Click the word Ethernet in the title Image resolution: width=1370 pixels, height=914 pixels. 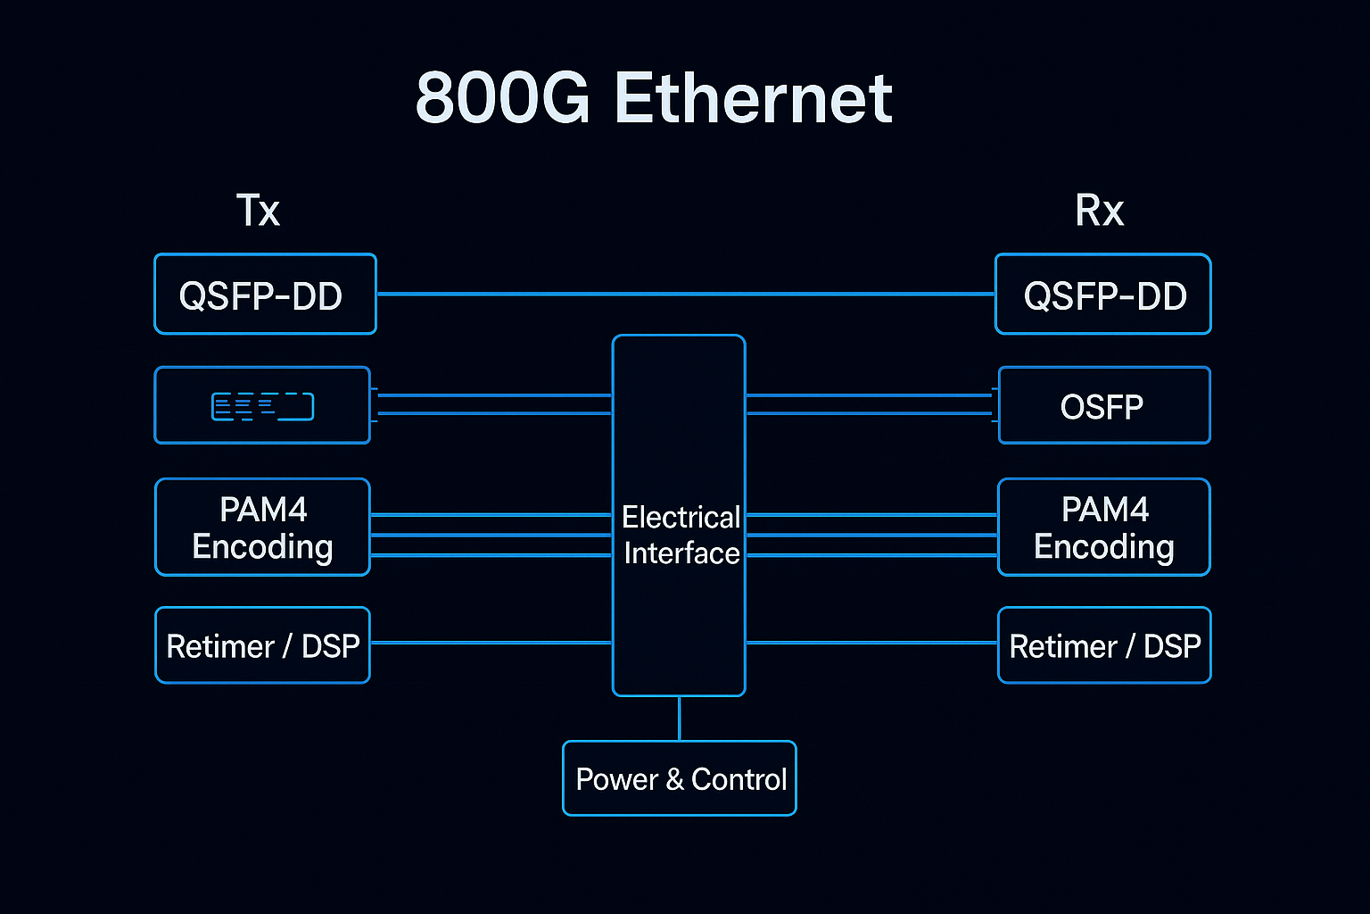(x=754, y=98)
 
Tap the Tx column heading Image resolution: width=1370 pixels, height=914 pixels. (x=258, y=211)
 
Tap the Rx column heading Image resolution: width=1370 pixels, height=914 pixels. (x=1099, y=211)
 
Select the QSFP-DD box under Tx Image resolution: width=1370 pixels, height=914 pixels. (x=265, y=295)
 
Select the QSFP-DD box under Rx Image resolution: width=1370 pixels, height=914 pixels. (x=1103, y=295)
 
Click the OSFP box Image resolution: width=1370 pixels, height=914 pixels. (x=1103, y=406)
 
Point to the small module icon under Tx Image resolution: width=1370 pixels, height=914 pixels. (x=262, y=406)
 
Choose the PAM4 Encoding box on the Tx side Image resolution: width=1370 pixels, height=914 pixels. (x=262, y=528)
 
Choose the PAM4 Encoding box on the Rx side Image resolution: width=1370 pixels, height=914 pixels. (x=1103, y=528)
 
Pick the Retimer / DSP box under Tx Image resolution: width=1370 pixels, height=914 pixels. (x=262, y=645)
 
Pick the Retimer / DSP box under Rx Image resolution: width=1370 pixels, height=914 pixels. (x=1104, y=645)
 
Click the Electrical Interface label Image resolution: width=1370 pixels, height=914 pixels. (x=681, y=535)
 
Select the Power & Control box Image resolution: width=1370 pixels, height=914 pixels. (x=680, y=778)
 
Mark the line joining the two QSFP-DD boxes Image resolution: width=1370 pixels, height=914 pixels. (x=685, y=294)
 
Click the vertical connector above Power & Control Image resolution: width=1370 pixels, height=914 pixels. (x=680, y=719)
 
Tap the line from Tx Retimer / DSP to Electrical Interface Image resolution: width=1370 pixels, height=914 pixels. (x=491, y=643)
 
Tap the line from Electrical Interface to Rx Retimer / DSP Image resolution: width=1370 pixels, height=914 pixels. (x=871, y=643)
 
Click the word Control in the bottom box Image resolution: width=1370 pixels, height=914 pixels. (x=739, y=779)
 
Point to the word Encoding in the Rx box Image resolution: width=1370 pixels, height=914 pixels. (x=1103, y=546)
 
